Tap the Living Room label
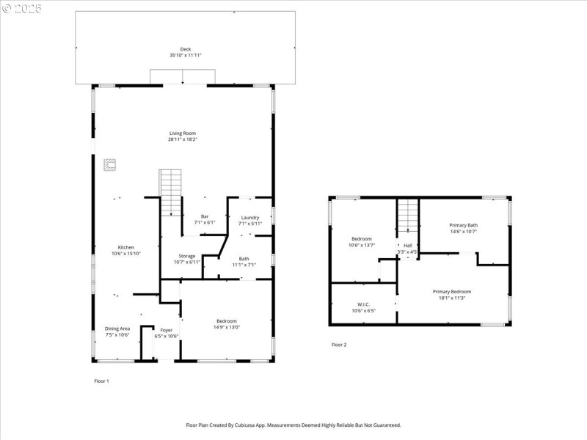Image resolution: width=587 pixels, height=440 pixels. [x=183, y=133]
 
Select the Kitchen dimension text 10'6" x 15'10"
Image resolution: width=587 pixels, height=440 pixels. [x=126, y=253]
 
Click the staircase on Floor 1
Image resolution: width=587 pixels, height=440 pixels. [x=170, y=191]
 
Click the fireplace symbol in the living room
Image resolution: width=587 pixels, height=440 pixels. [x=110, y=165]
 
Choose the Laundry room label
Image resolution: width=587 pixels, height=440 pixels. [x=250, y=217]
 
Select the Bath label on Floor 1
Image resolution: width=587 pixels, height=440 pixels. [x=244, y=258]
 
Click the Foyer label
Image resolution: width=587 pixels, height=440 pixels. [x=167, y=330]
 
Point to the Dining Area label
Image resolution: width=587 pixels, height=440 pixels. [x=117, y=329]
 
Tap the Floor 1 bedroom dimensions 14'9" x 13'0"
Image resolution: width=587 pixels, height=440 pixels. [x=226, y=326]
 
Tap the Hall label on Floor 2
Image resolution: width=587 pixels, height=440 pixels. [x=407, y=246]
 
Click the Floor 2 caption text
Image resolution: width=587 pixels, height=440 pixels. [x=339, y=345]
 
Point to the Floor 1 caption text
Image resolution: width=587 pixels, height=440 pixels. [x=101, y=381]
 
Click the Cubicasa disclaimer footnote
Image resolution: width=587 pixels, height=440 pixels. [x=293, y=425]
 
